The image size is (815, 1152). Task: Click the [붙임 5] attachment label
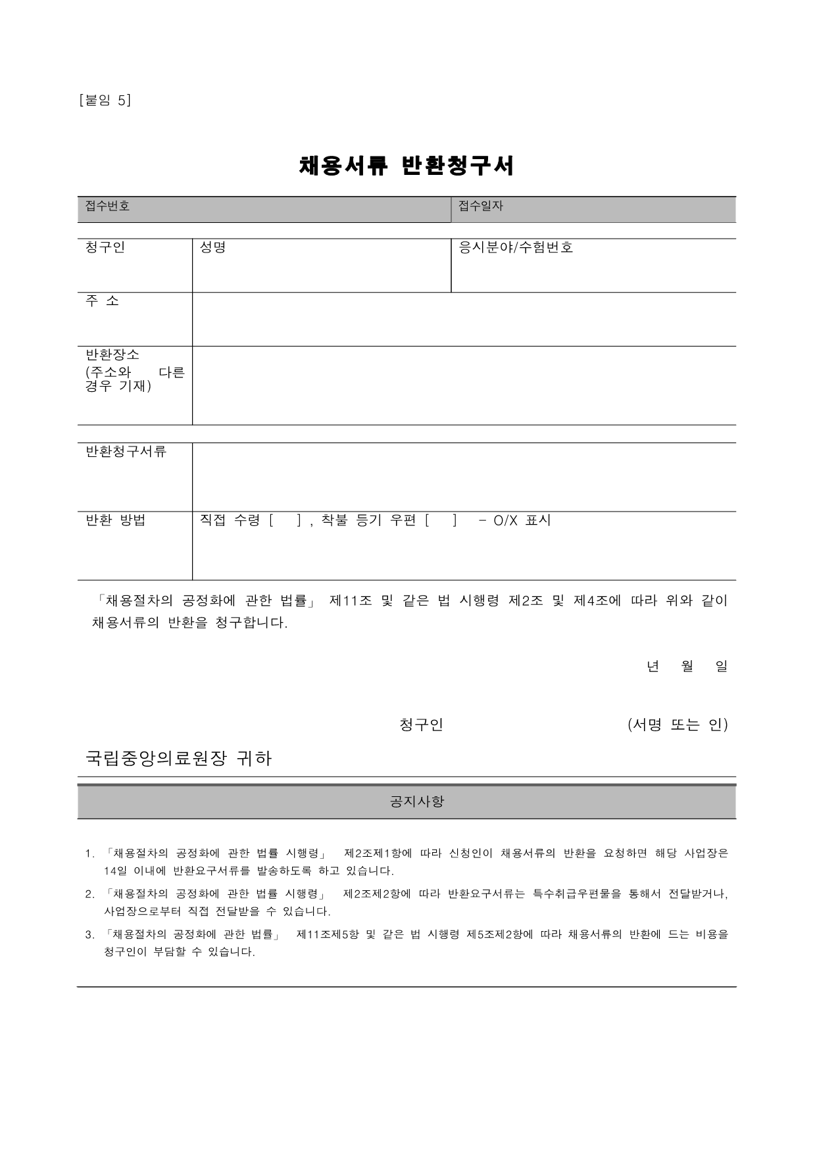point(105,100)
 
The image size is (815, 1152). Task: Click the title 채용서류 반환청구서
point(407,166)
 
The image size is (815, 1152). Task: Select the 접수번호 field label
point(107,206)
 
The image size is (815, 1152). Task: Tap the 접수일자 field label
point(480,206)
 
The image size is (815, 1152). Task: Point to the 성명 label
point(212,247)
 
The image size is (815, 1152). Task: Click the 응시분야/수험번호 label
point(516,247)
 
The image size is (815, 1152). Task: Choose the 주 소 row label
point(102,301)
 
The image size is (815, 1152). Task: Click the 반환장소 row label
point(112,354)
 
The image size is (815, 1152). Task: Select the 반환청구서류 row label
point(126,451)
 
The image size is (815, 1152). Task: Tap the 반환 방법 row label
point(116,520)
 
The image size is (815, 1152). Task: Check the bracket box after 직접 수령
point(285,521)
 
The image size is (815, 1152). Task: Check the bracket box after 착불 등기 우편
point(440,521)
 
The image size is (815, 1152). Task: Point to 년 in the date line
point(653,666)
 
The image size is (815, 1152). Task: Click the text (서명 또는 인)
point(678,725)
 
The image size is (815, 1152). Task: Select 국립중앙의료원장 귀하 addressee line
point(179,759)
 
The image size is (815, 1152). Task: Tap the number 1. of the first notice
point(89,854)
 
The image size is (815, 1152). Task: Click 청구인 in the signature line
point(422,725)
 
